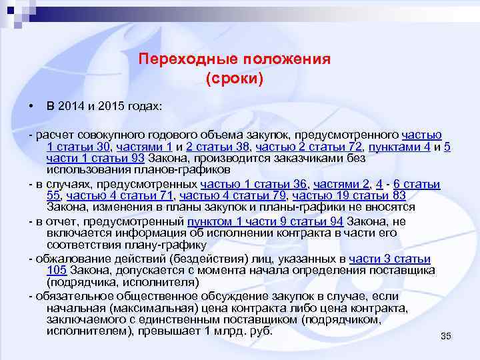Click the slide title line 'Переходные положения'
pyautogui.click(x=235, y=59)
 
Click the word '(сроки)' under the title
pyautogui.click(x=235, y=79)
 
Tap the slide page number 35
pyautogui.click(x=446, y=336)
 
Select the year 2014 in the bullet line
pyautogui.click(x=71, y=107)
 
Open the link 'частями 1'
pyautogui.click(x=135, y=147)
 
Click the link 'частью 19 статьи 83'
pyautogui.click(x=349, y=195)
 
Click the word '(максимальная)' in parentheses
pyautogui.click(x=147, y=308)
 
